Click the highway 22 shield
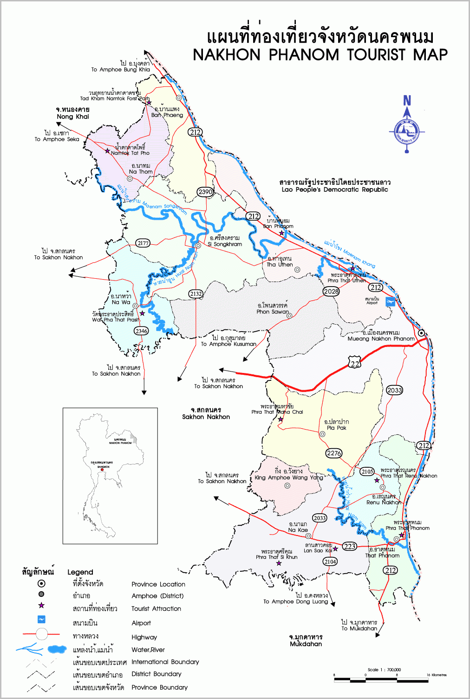355,363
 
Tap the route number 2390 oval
205,192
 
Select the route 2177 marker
143,243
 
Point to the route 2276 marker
334,453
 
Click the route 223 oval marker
350,546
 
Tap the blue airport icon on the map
391,301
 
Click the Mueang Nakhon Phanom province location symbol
421,333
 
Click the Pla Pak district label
337,425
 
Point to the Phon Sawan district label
273,308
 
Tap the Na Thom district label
141,169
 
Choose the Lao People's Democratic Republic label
335,186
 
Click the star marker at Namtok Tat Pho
107,151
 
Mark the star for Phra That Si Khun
279,563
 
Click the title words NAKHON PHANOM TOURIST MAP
320,55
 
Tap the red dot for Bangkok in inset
102,470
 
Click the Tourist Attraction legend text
156,608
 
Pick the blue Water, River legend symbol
42,649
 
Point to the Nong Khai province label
73,113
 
